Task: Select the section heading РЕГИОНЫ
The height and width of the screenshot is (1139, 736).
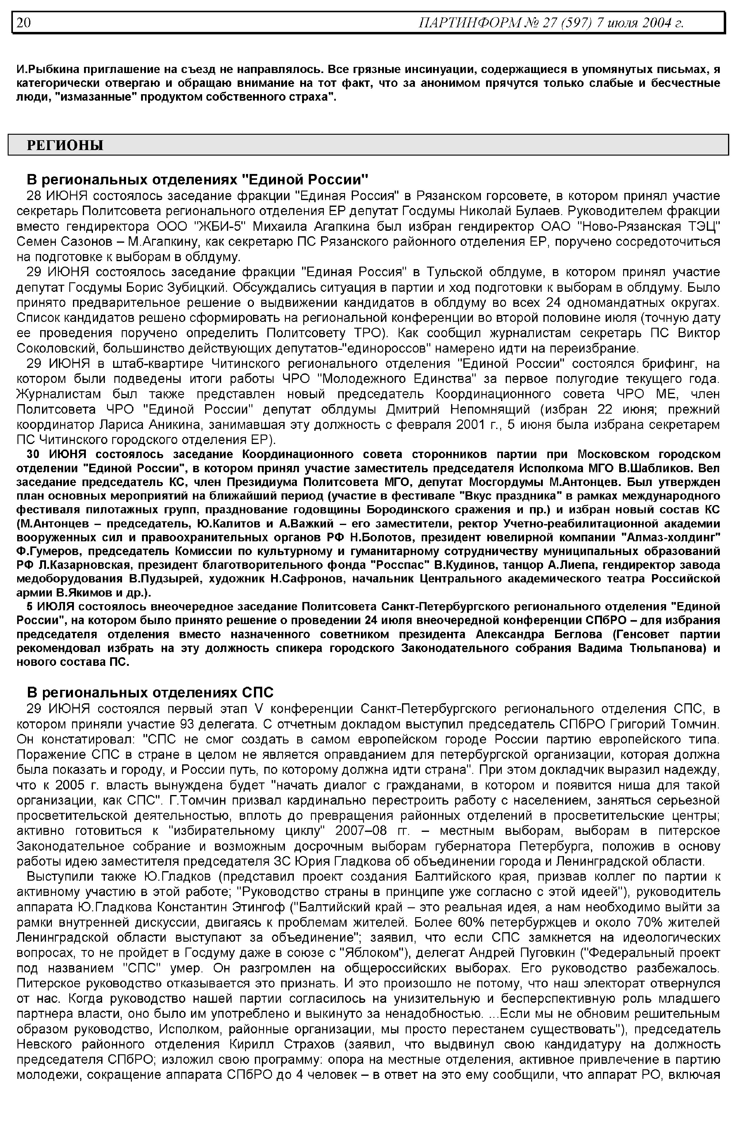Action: pyautogui.click(x=65, y=145)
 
